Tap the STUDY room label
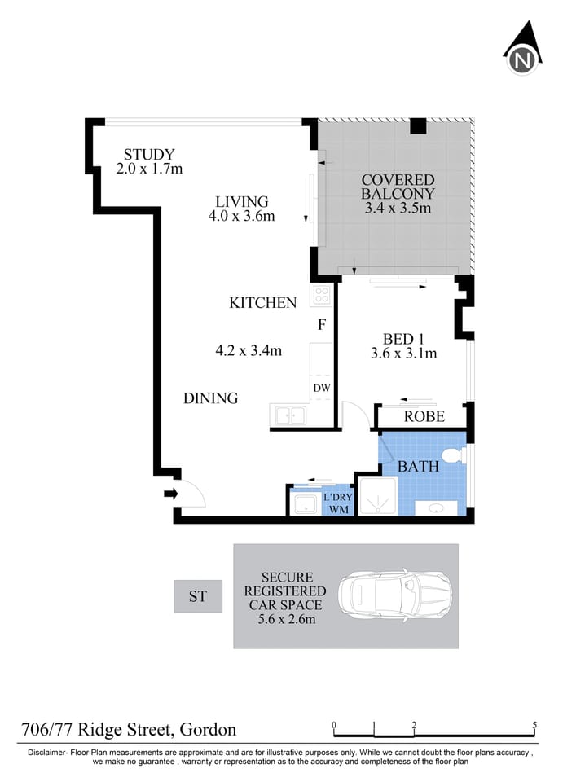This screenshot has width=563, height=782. point(149,154)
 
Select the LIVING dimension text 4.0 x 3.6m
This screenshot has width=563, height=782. point(241,217)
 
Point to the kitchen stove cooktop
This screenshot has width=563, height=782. point(321,295)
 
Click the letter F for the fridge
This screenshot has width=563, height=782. point(322,325)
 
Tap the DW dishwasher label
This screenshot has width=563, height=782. point(322,388)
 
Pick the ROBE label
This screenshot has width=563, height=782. point(424,416)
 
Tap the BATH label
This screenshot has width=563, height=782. point(418,467)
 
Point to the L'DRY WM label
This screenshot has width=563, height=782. point(336,503)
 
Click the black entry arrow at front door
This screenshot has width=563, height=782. point(169,493)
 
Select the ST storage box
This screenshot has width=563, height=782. point(198,596)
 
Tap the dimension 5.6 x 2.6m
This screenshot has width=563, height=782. point(286,620)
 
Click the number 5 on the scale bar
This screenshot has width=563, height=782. point(534,725)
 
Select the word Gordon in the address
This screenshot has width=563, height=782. point(209,729)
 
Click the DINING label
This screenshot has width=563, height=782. point(210,398)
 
